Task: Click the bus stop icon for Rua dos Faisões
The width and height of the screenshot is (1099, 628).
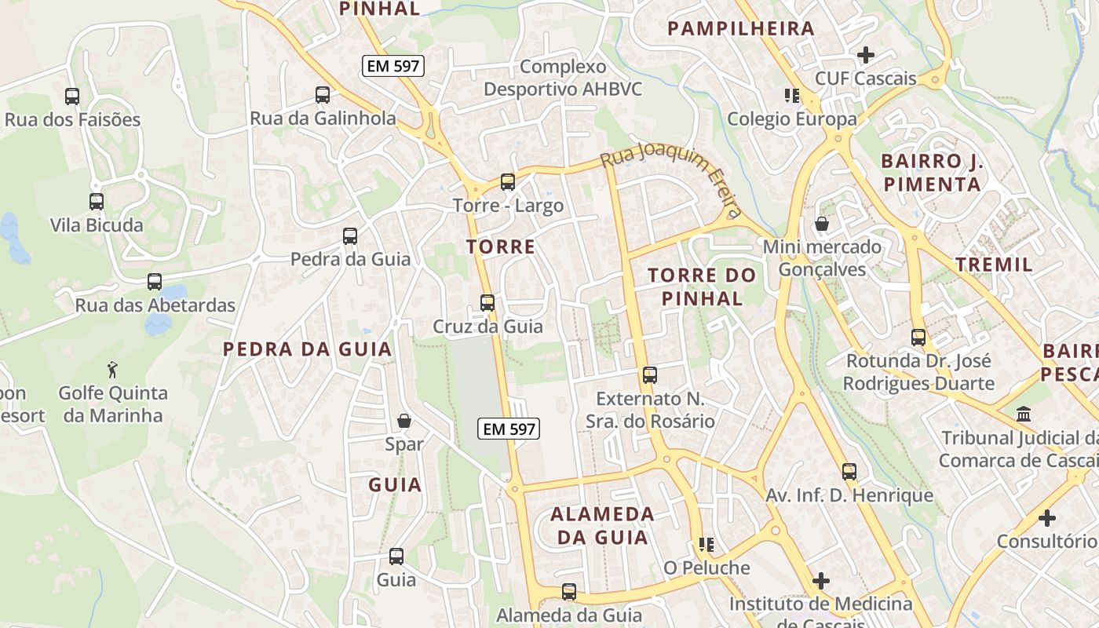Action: click(72, 97)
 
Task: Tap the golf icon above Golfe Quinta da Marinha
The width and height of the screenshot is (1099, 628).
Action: click(113, 368)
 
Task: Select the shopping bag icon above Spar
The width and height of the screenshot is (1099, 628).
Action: click(404, 422)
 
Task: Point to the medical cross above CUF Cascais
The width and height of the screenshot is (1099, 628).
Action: click(866, 55)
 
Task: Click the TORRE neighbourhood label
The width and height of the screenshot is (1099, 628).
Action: click(501, 246)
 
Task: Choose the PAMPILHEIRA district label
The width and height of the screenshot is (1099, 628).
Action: click(741, 29)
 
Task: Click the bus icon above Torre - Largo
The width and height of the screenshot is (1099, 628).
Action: click(508, 182)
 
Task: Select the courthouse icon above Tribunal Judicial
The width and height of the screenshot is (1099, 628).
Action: click(1024, 414)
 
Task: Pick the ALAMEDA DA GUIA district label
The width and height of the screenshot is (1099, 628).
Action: click(602, 526)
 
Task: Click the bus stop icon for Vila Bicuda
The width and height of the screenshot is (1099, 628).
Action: click(97, 202)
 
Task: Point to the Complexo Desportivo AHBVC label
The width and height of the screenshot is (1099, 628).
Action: click(563, 78)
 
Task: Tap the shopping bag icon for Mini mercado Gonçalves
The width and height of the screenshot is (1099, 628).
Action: click(822, 225)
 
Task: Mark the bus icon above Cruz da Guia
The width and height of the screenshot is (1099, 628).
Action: click(487, 303)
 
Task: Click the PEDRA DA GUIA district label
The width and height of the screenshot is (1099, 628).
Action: click(307, 349)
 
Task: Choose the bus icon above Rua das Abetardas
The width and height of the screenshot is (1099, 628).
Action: click(155, 282)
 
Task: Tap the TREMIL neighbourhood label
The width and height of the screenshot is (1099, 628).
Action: click(994, 265)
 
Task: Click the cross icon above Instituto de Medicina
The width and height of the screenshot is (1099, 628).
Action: click(821, 581)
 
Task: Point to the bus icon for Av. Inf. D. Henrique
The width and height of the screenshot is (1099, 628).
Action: click(849, 472)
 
